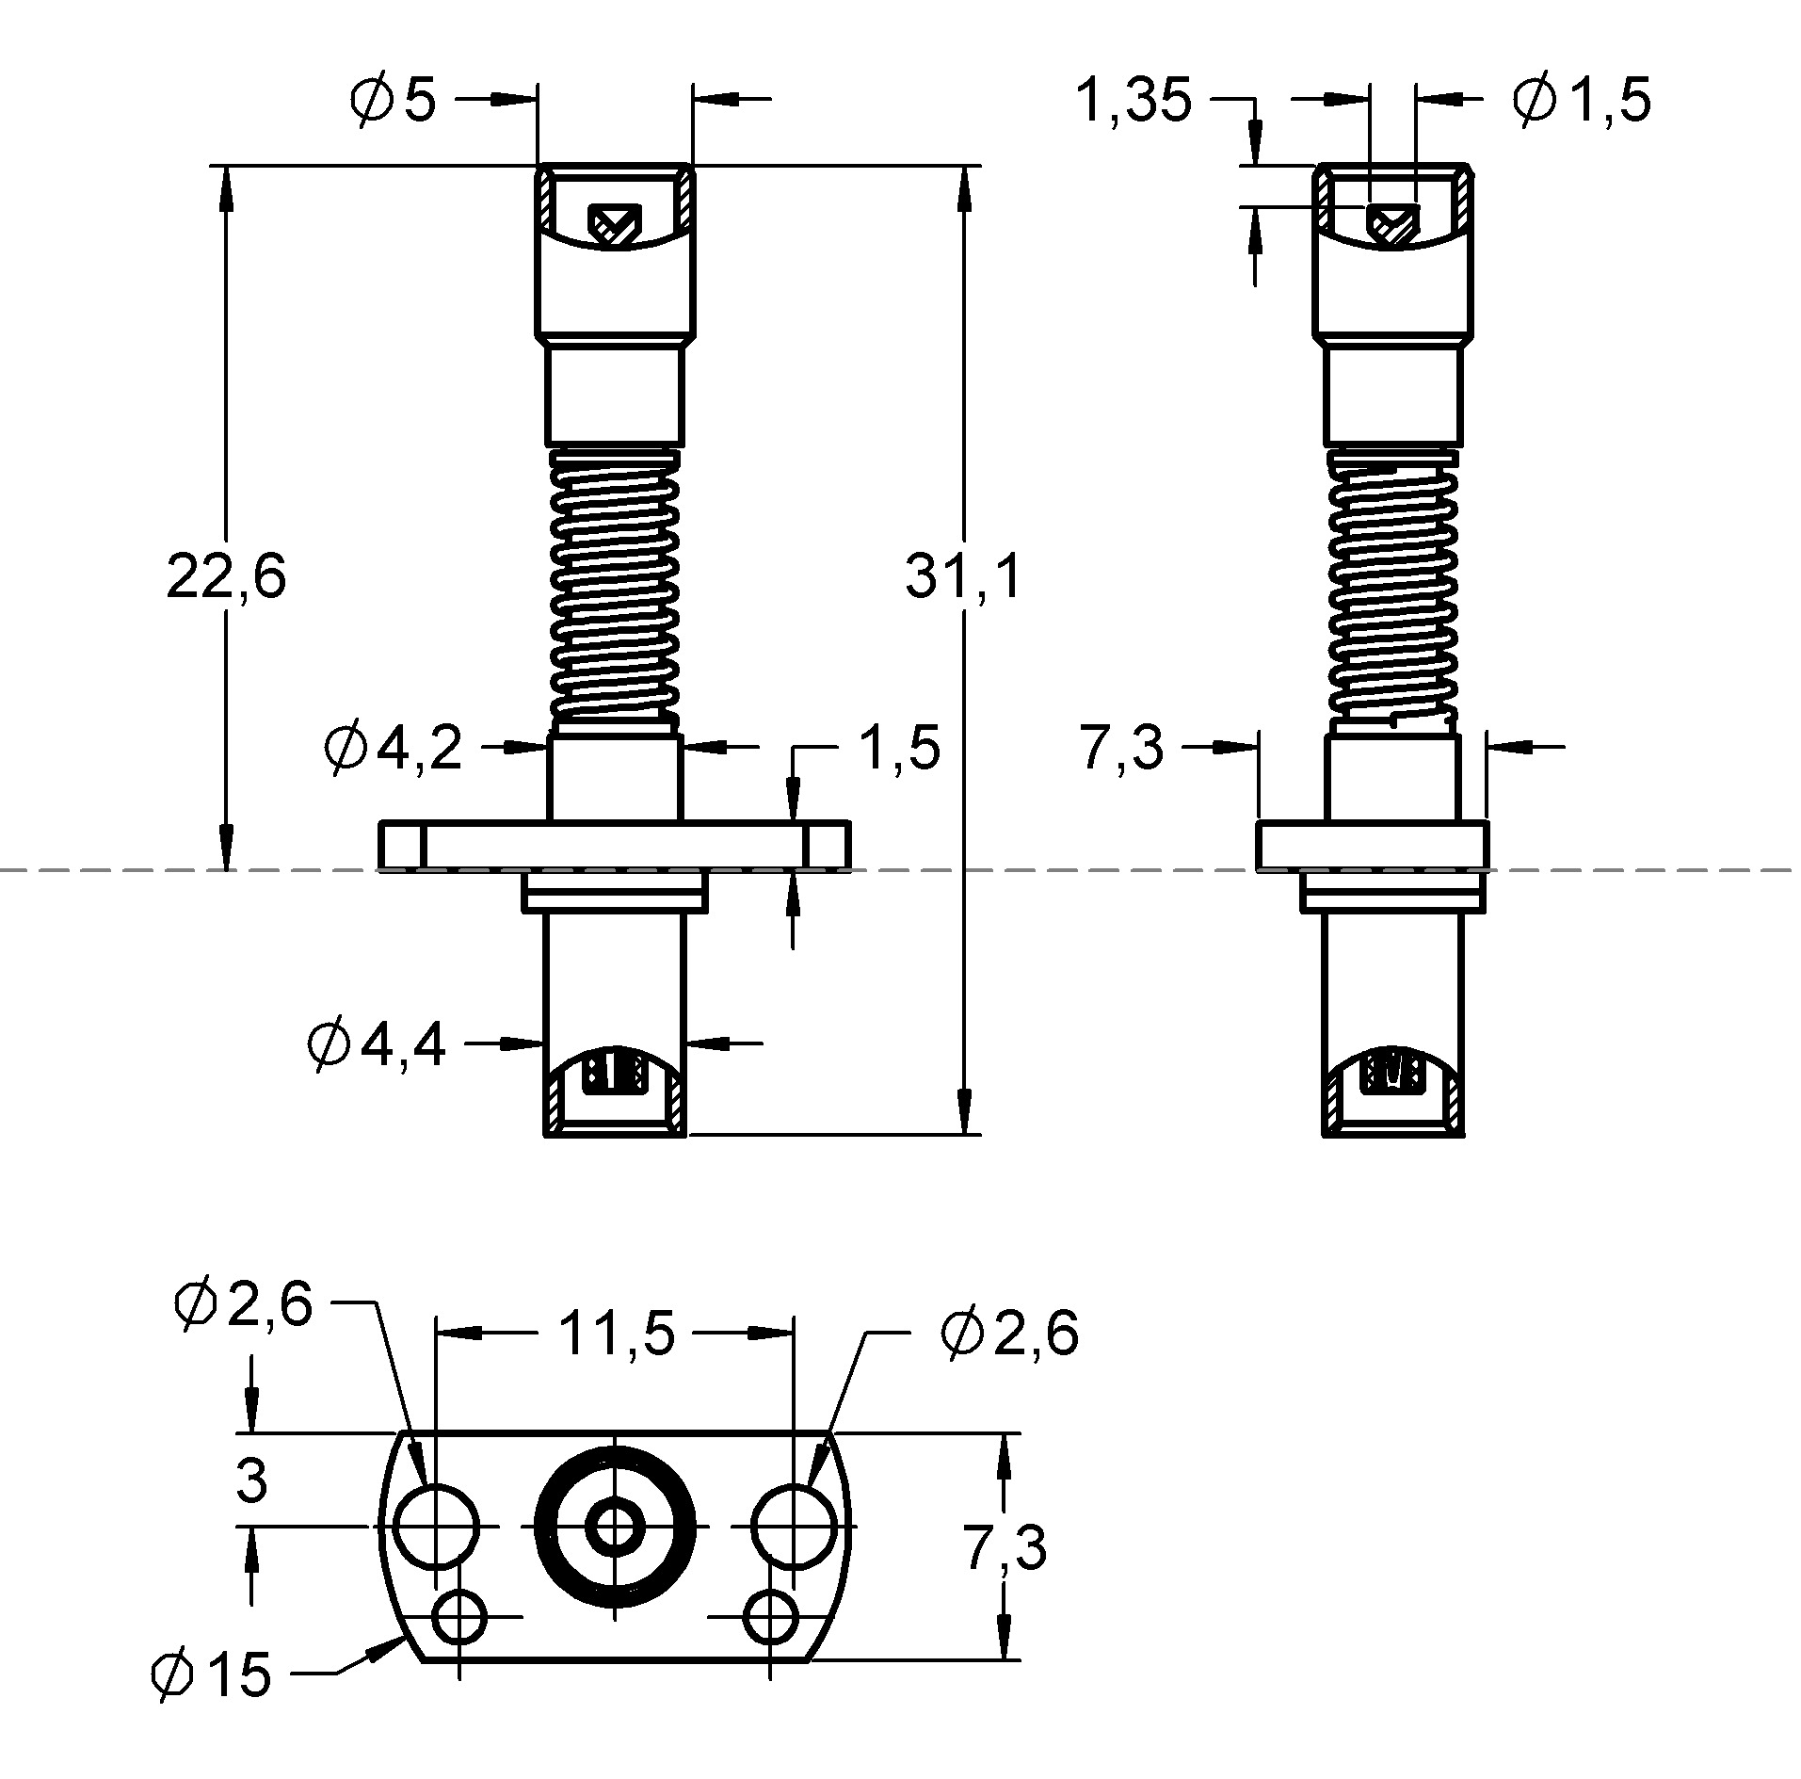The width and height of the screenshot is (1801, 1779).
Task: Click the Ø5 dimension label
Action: (x=393, y=99)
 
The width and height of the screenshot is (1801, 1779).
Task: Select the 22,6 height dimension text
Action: (x=226, y=576)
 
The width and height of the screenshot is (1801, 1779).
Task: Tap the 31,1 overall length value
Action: (x=962, y=576)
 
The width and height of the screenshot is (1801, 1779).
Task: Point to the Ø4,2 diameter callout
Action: (x=393, y=749)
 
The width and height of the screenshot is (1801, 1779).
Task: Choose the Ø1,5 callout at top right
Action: (x=1582, y=100)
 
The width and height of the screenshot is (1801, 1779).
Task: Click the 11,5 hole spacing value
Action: (x=617, y=1333)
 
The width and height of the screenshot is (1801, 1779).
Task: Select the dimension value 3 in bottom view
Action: (x=251, y=1480)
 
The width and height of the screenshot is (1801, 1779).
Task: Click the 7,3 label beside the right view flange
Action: (x=1121, y=750)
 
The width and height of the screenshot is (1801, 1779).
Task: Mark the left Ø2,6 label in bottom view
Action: (x=243, y=1305)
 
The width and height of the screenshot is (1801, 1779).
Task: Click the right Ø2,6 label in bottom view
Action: (x=1009, y=1334)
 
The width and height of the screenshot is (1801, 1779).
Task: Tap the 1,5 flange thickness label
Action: (x=898, y=749)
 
